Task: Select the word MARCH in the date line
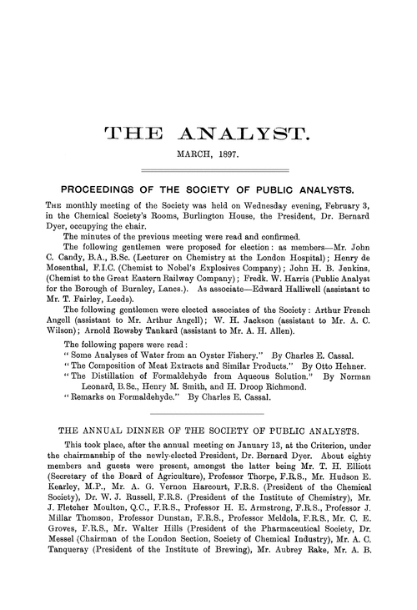tap(191, 154)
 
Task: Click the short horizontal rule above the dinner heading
tap(208, 438)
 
